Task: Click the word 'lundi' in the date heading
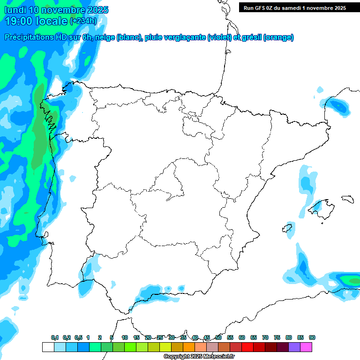[x=15, y=10]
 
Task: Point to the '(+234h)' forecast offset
[x=83, y=21]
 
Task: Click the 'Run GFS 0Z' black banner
[x=294, y=7]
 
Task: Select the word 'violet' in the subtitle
[x=218, y=37]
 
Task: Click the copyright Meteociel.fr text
[x=199, y=357]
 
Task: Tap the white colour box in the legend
[x=48, y=347]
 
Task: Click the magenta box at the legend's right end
[x=307, y=347]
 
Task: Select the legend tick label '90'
[x=312, y=338]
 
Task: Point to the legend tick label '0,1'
[x=55, y=338]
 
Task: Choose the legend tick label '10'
[x=125, y=338]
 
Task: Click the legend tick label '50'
[x=218, y=338]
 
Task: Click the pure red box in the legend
[x=247, y=347]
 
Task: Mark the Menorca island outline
[x=347, y=199]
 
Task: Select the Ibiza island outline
[x=287, y=229]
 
